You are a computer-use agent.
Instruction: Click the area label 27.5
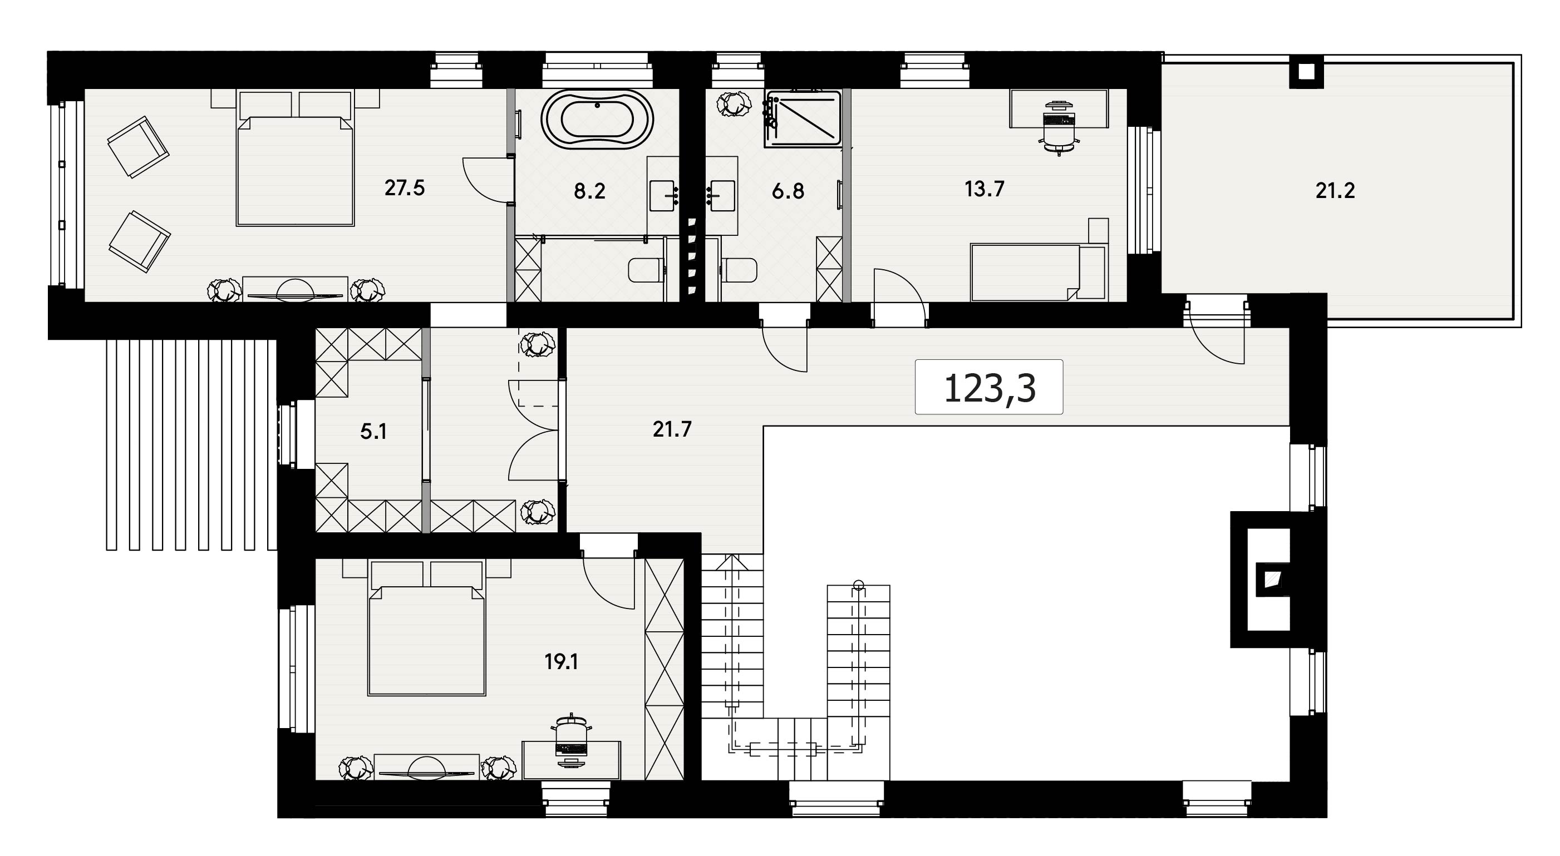pos(405,188)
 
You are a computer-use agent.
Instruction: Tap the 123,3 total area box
pos(989,388)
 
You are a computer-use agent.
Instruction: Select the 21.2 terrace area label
pos(1335,191)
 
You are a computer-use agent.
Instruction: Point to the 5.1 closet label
pos(373,432)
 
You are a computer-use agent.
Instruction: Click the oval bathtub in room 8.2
pos(597,119)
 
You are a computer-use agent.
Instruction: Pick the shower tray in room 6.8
pos(803,118)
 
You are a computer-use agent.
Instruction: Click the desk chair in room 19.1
pos(572,741)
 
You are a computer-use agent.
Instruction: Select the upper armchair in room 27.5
pos(138,146)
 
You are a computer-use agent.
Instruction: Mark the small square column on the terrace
pos(1307,72)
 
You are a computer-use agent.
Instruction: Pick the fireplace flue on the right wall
pos(1270,580)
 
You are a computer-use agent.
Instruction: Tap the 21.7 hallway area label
pos(672,429)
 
